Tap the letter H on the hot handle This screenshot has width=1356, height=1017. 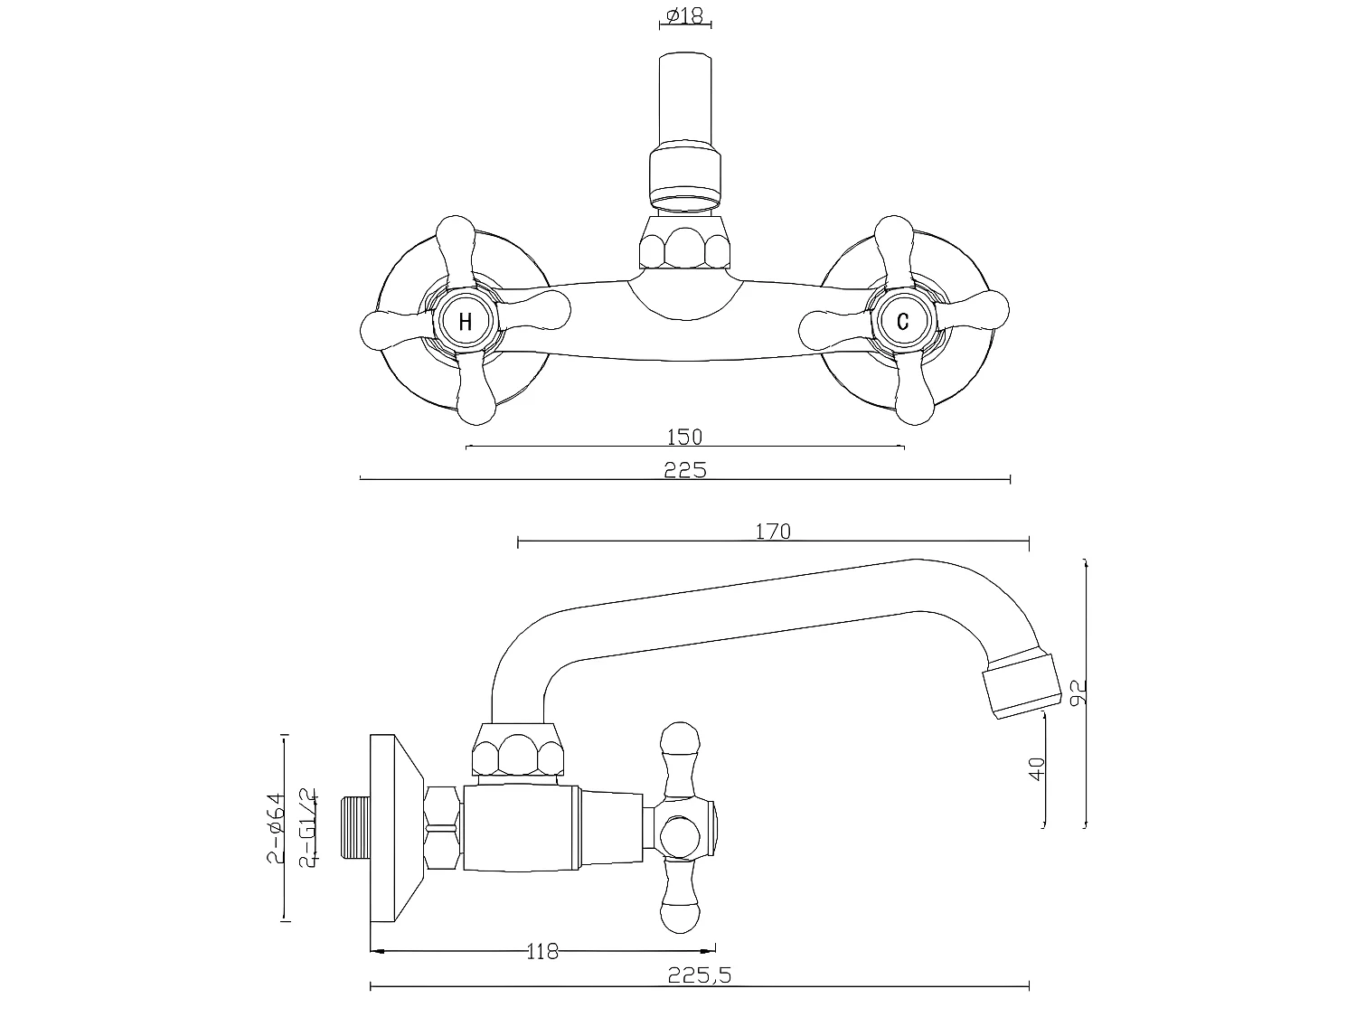466,321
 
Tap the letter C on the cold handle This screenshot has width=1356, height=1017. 902,321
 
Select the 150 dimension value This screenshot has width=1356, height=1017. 684,437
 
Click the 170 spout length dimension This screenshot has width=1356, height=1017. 772,532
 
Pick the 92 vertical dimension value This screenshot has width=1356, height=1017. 1077,692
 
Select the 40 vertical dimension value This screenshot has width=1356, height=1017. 1037,768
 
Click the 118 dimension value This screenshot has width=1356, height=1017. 542,951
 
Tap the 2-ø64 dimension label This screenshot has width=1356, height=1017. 276,827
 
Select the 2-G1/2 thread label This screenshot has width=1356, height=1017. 307,827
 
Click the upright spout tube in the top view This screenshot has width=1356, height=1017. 686,99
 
